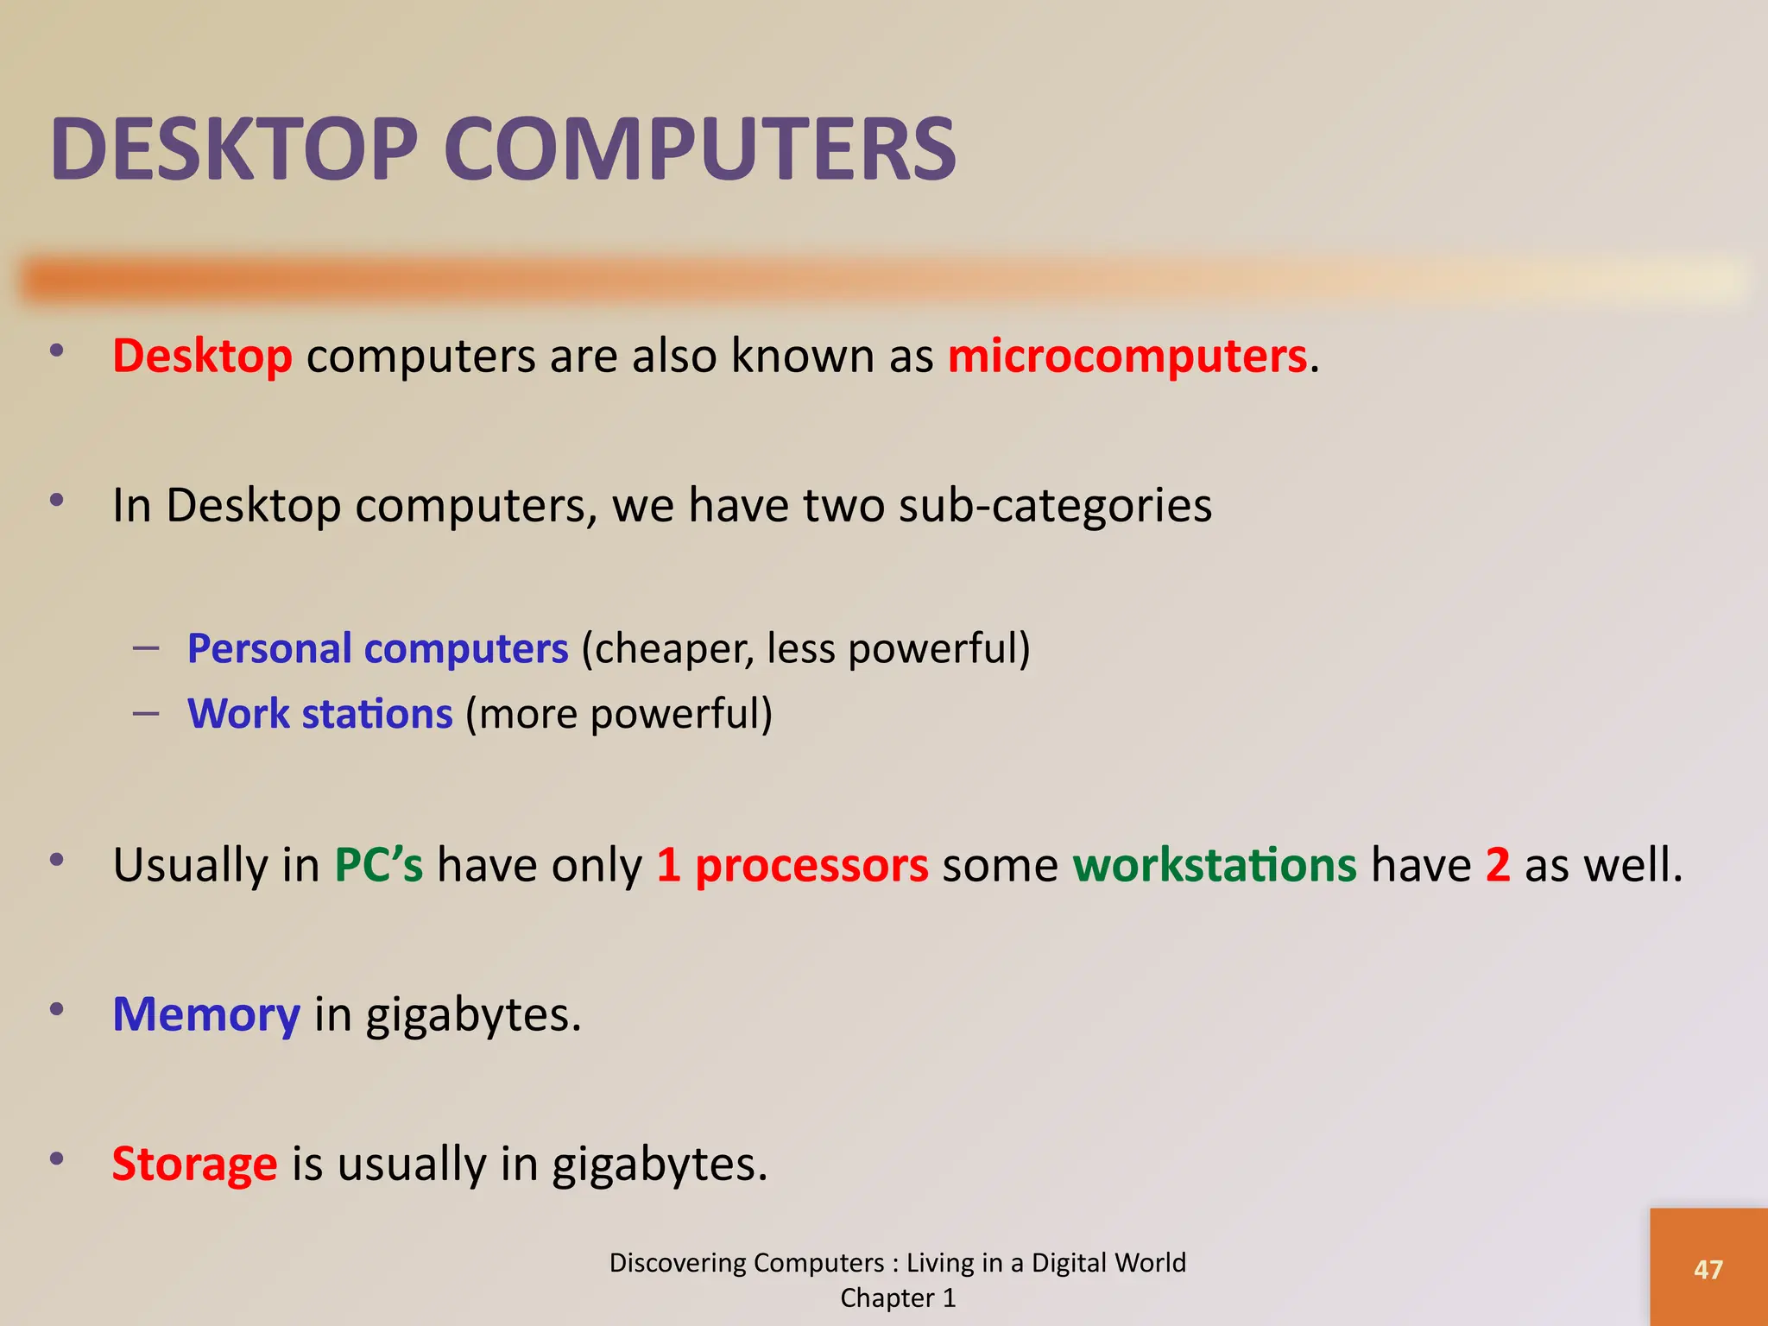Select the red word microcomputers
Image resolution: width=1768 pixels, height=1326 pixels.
[x=1127, y=356]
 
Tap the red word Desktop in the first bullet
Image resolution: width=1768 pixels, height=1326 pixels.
[x=202, y=356]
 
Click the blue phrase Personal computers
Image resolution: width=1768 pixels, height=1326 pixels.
[x=377, y=648]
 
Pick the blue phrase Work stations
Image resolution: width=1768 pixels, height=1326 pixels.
[x=319, y=714]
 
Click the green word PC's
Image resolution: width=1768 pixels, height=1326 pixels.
[x=378, y=864]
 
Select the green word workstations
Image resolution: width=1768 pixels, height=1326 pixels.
[x=1214, y=864]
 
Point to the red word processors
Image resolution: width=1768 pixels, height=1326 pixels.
[x=811, y=864]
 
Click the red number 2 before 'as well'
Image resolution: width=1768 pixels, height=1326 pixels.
[x=1498, y=864]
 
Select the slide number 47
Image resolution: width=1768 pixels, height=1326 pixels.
[x=1708, y=1269]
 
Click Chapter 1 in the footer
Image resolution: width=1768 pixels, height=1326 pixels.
[x=898, y=1298]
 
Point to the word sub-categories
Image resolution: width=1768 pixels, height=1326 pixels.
[x=1055, y=505]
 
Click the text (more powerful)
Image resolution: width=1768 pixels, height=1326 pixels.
[x=619, y=714]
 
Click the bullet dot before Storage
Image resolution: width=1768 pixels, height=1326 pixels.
[x=57, y=1159]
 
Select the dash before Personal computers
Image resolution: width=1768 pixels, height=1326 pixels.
[x=146, y=647]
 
